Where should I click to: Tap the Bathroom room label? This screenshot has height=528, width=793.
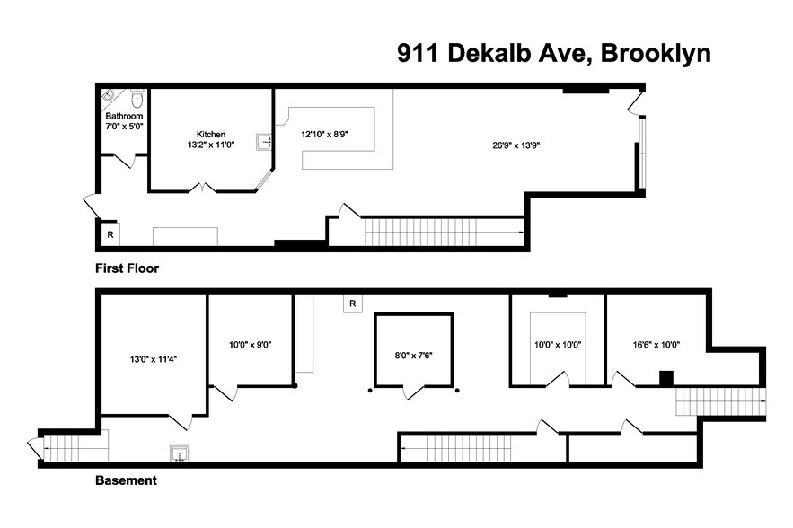point(124,117)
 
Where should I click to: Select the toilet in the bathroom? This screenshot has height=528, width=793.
point(137,98)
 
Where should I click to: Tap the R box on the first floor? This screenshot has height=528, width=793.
point(110,234)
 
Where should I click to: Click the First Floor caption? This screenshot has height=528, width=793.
point(127,268)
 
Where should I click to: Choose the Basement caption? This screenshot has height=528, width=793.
point(126,480)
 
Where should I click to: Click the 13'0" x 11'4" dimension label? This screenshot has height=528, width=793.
point(153,358)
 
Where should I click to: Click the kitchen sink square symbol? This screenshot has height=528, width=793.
point(264,142)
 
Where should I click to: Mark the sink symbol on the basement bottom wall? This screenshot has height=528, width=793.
point(179,454)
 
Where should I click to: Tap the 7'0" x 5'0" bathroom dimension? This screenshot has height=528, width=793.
point(124,127)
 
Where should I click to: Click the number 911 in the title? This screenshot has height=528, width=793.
point(419,53)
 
